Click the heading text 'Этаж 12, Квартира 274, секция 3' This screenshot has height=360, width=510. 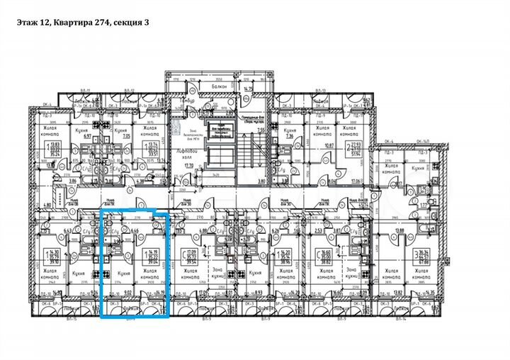coord(82,22)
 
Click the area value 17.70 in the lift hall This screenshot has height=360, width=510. coord(188,167)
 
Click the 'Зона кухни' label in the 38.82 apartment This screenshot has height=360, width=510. coord(352,273)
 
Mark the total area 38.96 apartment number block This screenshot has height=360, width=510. coord(286,255)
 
